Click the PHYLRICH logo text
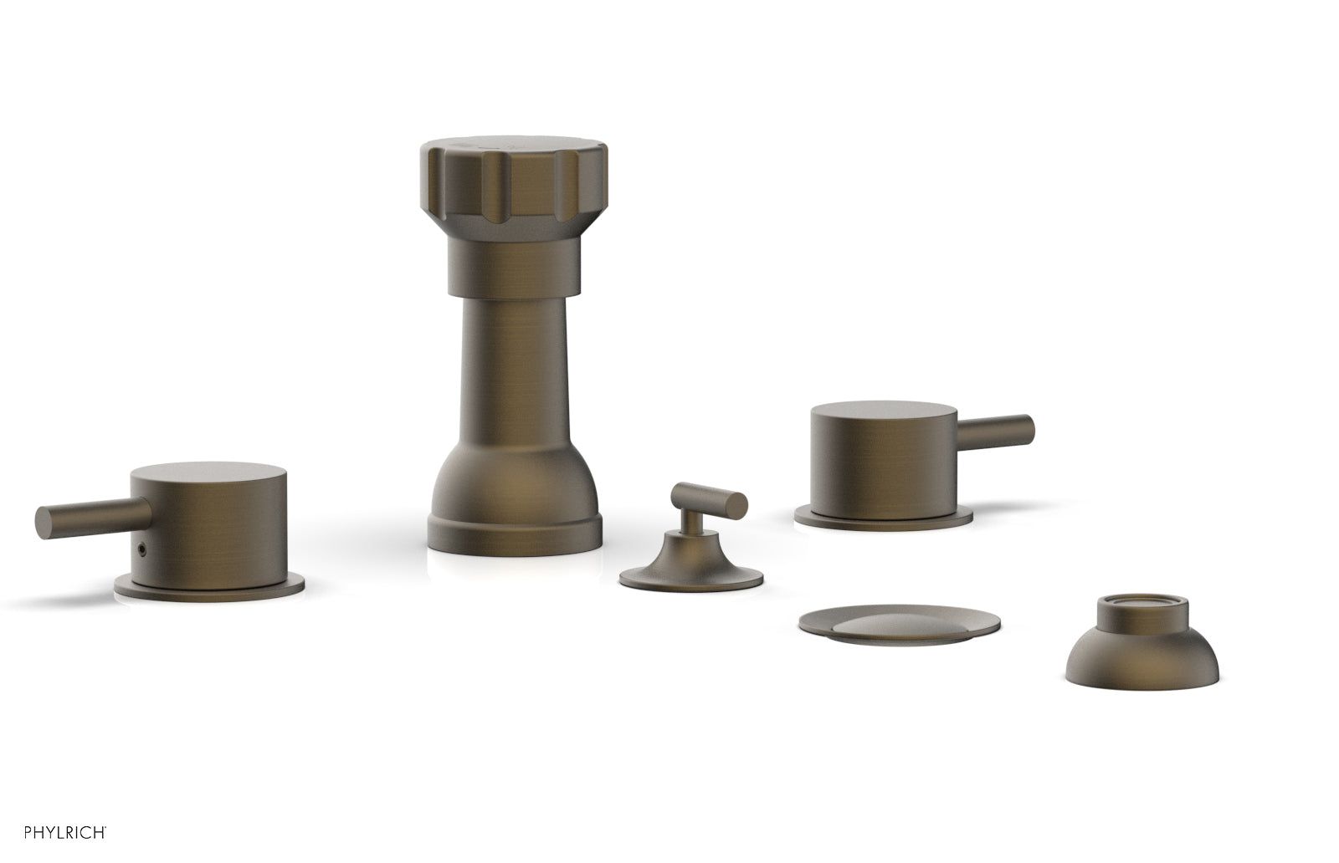click(64, 832)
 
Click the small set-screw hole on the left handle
click(141, 546)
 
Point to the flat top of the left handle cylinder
click(208, 472)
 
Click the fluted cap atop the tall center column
click(514, 187)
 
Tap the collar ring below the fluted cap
click(514, 268)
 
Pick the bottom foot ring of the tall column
click(514, 536)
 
